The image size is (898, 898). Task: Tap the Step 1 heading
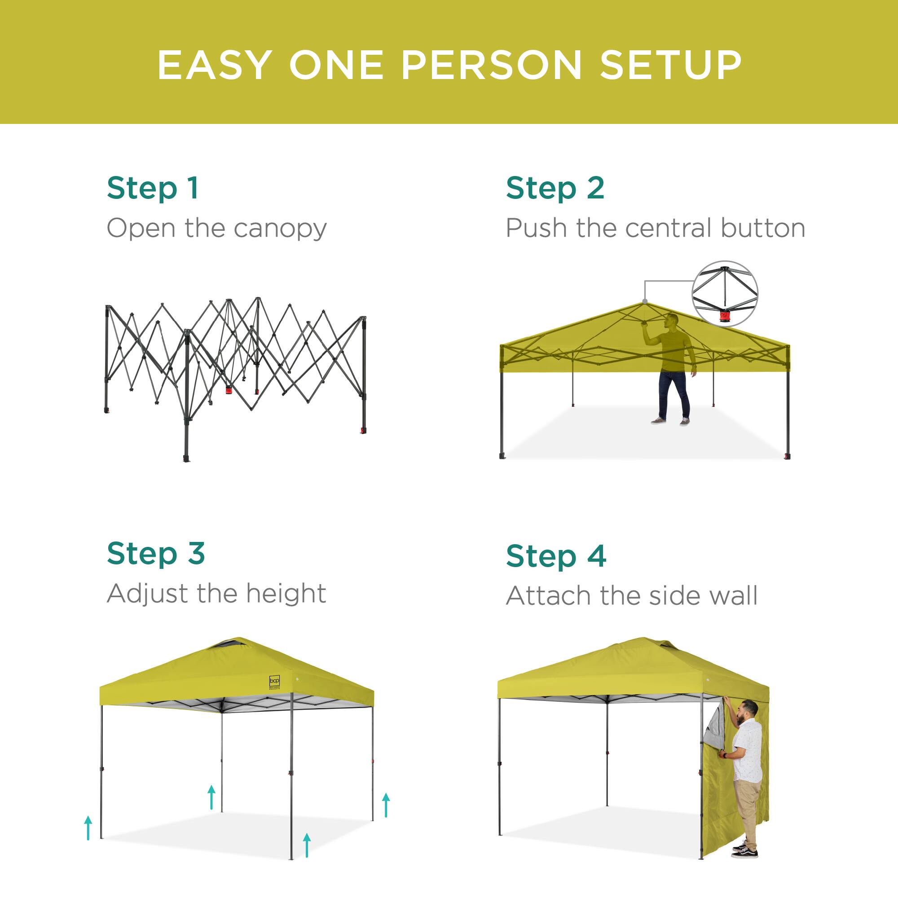pyautogui.click(x=153, y=188)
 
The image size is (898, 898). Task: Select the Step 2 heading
pyautogui.click(x=555, y=188)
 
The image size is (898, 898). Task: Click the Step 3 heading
pyautogui.click(x=156, y=554)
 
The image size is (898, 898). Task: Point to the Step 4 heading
pyautogui.click(x=556, y=556)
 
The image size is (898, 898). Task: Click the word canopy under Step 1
pyautogui.click(x=280, y=229)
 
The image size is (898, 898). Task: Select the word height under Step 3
pyautogui.click(x=286, y=594)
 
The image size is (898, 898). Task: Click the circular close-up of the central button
pyautogui.click(x=725, y=293)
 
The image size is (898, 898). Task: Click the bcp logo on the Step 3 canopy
pyautogui.click(x=274, y=682)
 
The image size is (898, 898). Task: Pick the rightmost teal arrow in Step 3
pyautogui.click(x=386, y=805)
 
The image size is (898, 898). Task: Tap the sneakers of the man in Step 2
pyautogui.click(x=670, y=422)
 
